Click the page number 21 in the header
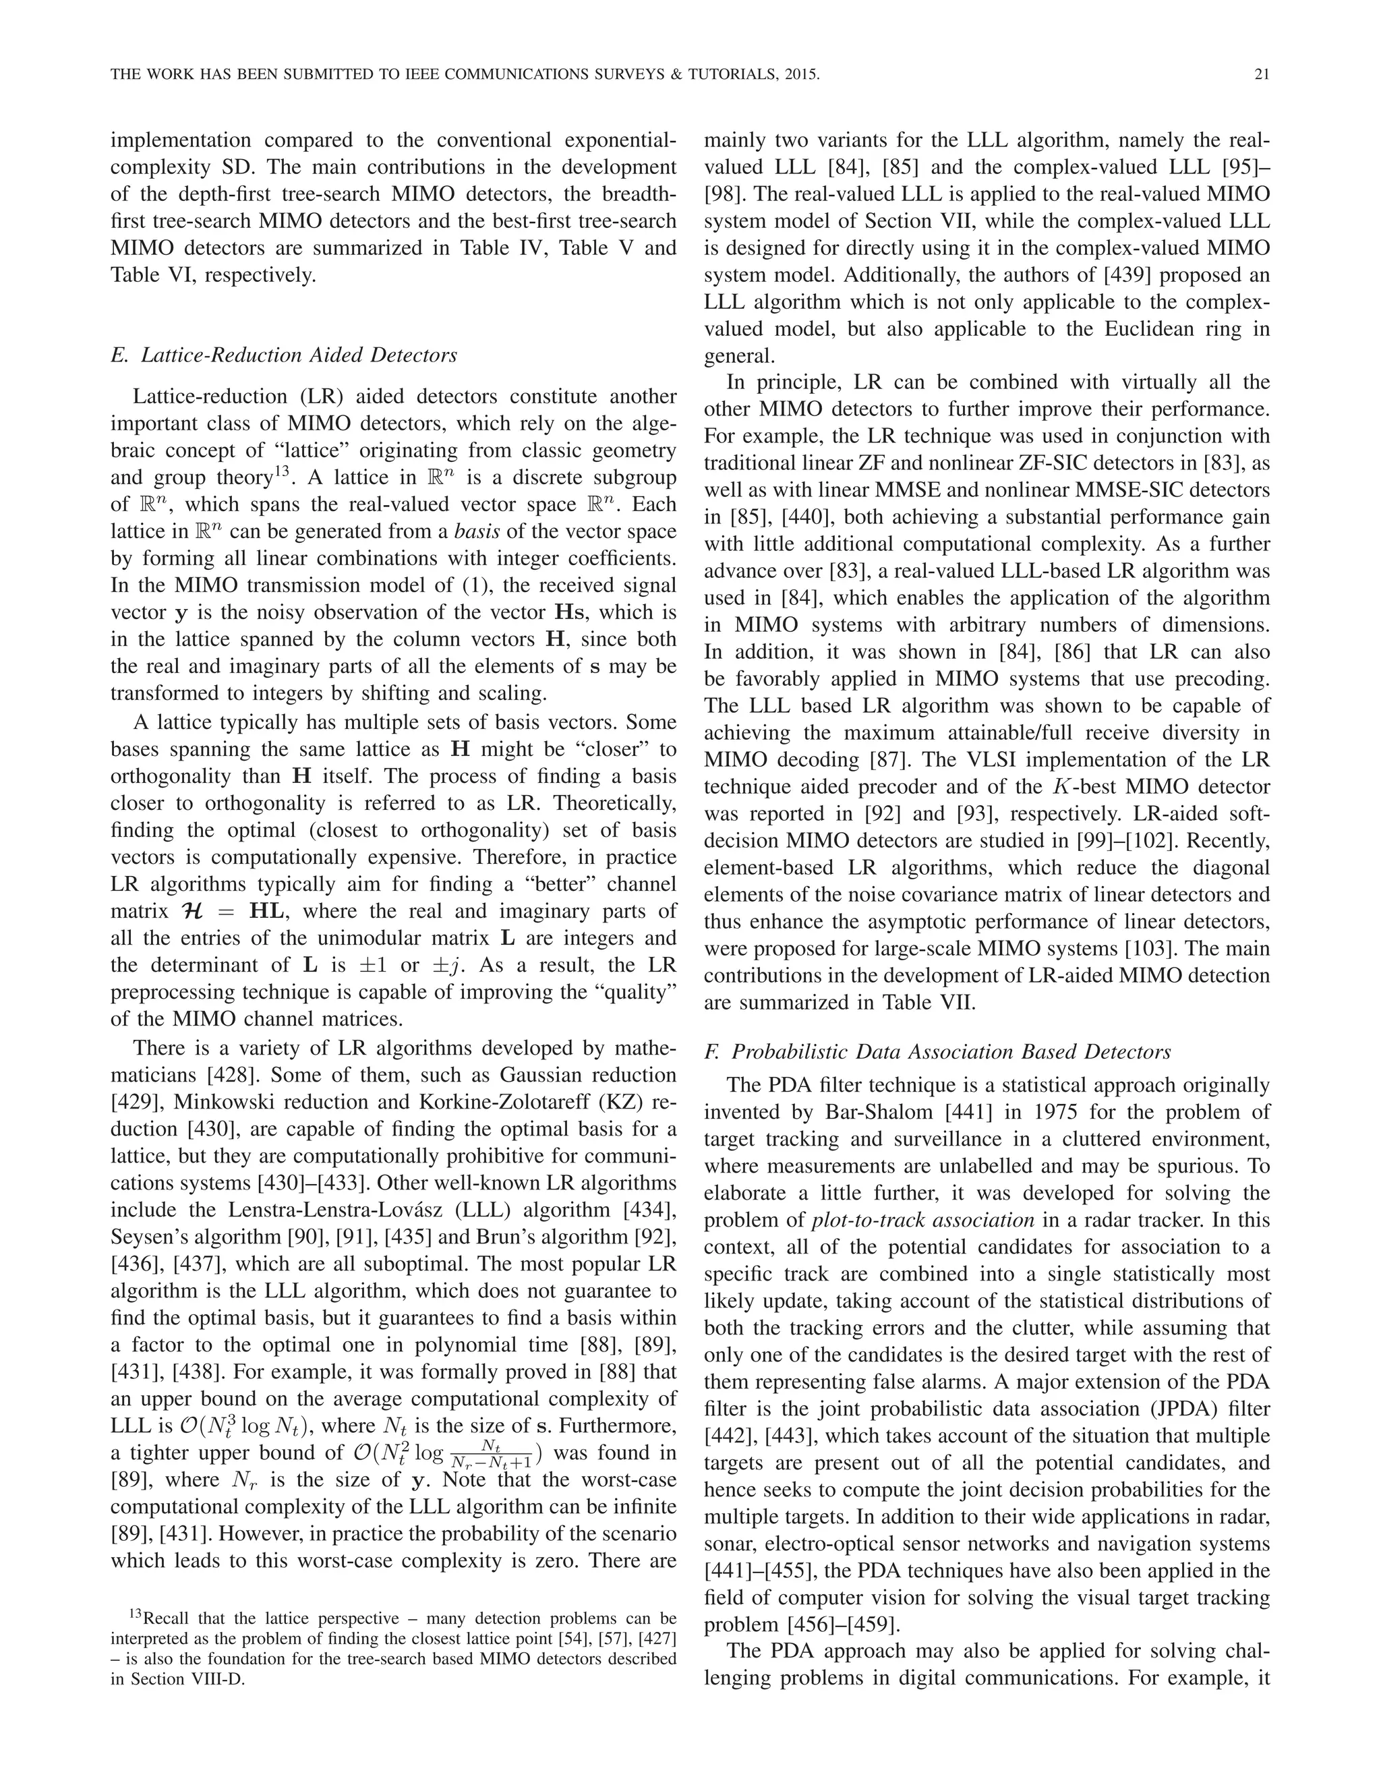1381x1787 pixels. pos(1261,74)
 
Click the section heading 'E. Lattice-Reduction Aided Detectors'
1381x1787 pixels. pos(283,355)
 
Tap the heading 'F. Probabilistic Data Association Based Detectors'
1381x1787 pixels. pos(937,1051)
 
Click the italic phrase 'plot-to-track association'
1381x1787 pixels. pos(924,1220)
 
